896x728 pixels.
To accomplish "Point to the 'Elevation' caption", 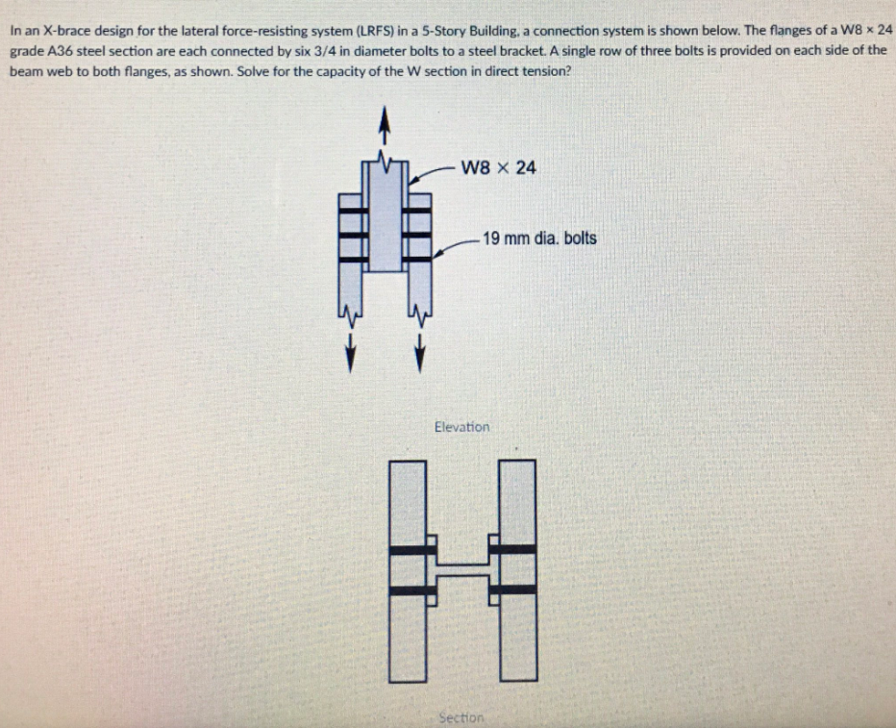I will (x=461, y=426).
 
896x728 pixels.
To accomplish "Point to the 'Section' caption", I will (x=461, y=716).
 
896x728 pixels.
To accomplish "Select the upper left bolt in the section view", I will (x=408, y=550).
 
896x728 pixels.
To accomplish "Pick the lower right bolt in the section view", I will (x=517, y=589).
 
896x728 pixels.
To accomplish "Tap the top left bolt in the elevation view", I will (x=351, y=209).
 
